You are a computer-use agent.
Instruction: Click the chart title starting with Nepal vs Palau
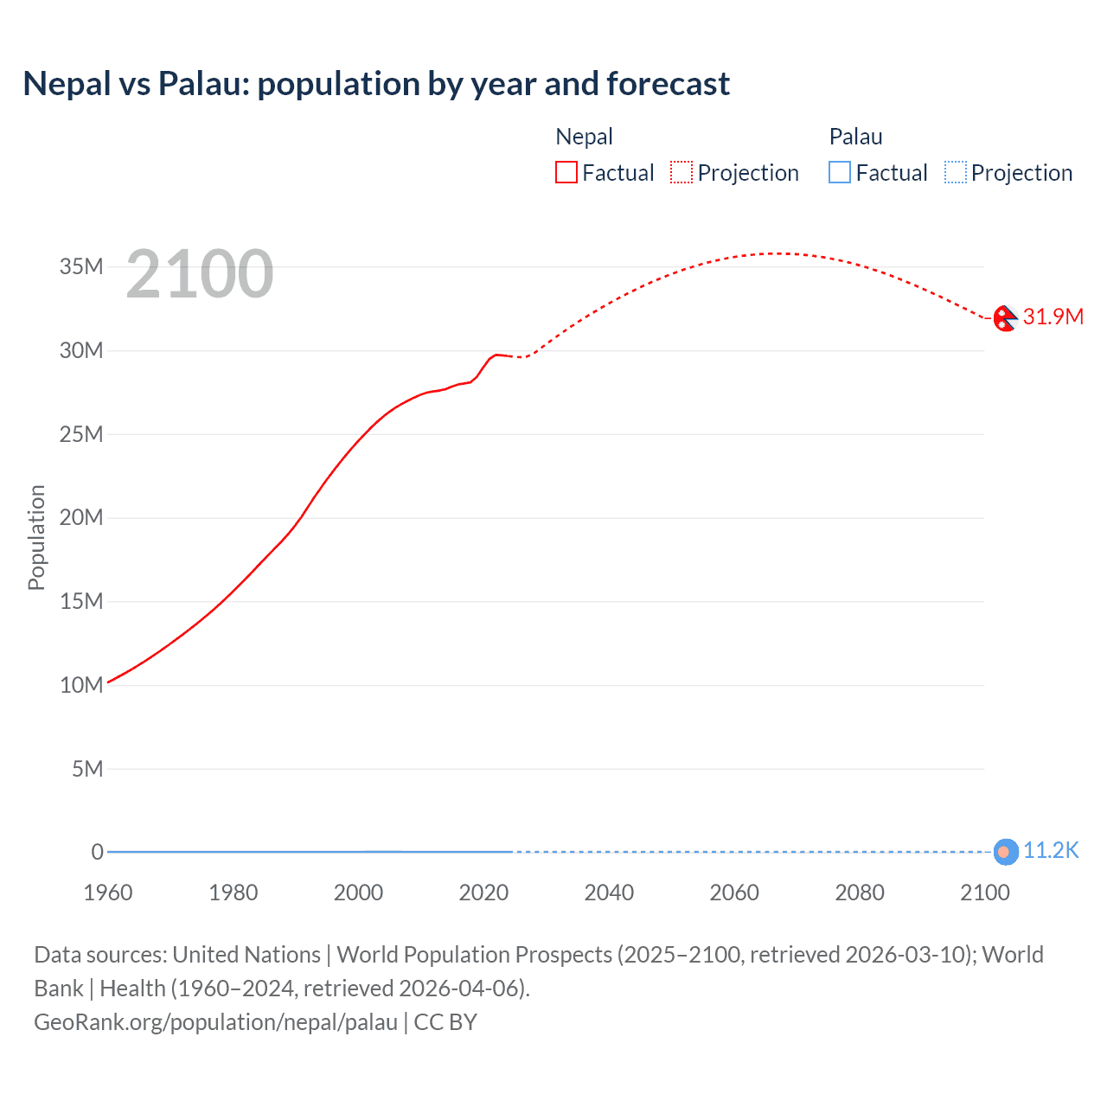[376, 84]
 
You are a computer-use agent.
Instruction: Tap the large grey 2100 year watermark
[200, 274]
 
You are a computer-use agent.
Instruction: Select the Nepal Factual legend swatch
[566, 173]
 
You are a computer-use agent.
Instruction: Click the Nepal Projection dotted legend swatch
[681, 173]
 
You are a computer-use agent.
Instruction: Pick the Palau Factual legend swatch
[840, 173]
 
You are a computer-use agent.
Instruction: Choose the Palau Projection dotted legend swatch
[956, 173]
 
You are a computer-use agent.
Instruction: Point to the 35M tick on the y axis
[81, 266]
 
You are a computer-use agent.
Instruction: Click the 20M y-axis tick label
[81, 518]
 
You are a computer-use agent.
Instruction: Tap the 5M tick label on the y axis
[87, 769]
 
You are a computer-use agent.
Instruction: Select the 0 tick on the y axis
[98, 852]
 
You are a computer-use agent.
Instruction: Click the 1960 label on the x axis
[108, 893]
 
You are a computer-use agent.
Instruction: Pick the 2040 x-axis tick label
[609, 893]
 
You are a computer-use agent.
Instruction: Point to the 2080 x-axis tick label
[860, 893]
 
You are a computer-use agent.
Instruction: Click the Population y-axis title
[36, 537]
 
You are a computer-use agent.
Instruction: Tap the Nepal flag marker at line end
[1004, 318]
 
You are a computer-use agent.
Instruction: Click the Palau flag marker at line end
[1004, 852]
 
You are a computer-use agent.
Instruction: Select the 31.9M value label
[1053, 317]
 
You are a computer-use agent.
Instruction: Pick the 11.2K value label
[1051, 851]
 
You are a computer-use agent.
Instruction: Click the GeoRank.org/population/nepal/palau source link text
[215, 1022]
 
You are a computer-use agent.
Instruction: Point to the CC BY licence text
[445, 1022]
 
